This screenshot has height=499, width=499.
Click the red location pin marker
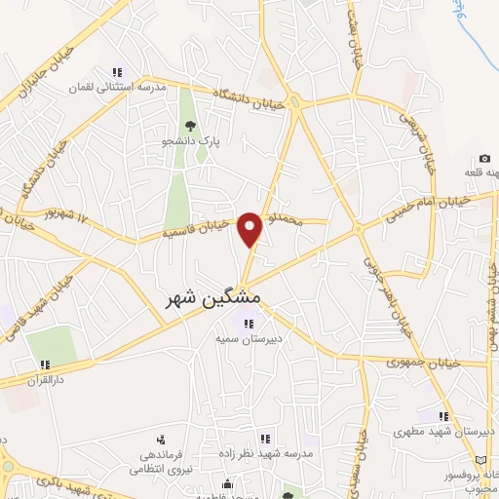(250, 230)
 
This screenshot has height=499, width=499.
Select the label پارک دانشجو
(191, 143)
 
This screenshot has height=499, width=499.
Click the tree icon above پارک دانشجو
(191, 126)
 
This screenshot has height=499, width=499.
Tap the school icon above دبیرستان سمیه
(249, 324)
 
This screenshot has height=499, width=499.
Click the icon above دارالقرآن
(45, 365)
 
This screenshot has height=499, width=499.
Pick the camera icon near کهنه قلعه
(484, 159)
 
